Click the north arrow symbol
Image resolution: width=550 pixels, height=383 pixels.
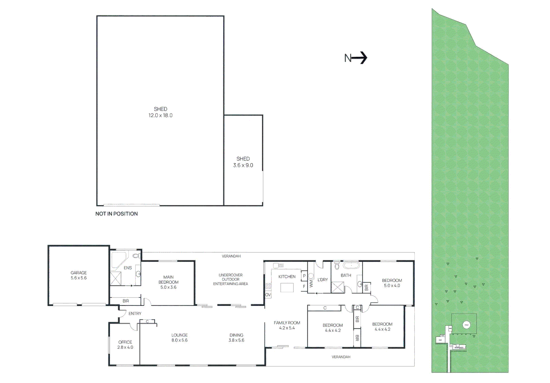356,58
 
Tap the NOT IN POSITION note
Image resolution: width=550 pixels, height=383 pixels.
116,214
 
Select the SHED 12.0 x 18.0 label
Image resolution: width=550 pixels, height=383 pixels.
160,112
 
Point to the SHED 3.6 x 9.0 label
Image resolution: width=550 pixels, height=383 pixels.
243,162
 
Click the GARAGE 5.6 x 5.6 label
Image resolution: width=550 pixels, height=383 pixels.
78,275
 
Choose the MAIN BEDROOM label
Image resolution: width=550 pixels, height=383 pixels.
168,282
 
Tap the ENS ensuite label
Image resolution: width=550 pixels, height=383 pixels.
127,268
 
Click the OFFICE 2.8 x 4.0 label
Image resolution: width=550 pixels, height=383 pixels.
125,345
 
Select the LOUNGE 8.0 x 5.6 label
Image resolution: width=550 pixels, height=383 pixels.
180,338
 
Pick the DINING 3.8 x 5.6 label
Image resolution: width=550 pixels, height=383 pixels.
236,338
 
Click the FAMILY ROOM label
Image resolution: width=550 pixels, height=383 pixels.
287,325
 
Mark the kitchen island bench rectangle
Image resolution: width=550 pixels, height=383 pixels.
287,288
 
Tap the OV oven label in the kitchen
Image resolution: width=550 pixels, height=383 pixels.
268,295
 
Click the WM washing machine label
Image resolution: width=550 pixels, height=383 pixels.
311,284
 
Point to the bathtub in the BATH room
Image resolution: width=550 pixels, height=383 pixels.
351,265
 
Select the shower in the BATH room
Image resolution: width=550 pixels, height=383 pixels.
337,287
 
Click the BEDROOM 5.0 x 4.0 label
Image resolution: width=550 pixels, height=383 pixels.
392,283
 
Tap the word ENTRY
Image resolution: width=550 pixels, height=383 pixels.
135,313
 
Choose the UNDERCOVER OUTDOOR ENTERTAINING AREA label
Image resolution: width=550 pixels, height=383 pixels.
230,279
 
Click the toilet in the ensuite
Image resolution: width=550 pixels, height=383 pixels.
136,255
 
